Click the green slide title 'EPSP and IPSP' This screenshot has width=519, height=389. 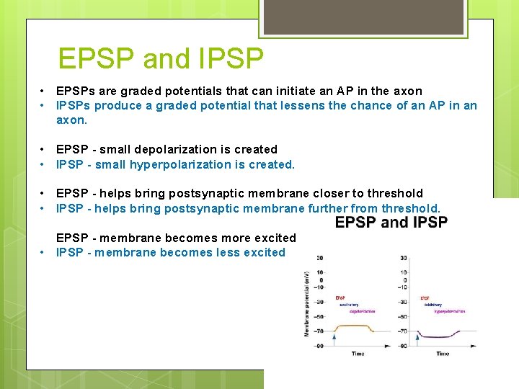(161, 58)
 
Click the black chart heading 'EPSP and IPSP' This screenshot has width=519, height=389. (391, 222)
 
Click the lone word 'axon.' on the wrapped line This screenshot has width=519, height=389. (71, 120)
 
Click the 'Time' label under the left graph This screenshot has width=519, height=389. (358, 354)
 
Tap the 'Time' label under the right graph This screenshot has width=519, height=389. (443, 354)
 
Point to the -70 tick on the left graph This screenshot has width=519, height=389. (319, 331)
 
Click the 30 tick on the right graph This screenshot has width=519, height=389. (403, 258)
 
